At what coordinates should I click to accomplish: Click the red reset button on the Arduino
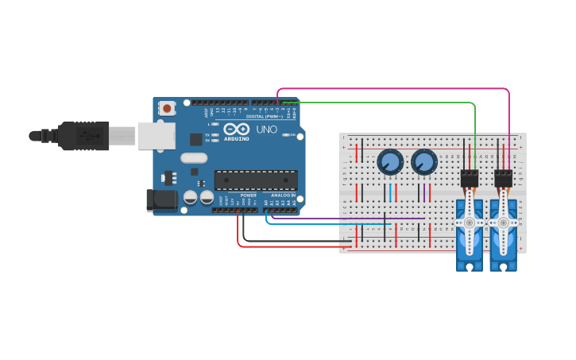[167, 108]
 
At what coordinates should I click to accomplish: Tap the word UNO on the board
[266, 129]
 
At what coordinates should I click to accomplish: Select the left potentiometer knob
[389, 163]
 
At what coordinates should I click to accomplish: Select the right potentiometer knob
[424, 163]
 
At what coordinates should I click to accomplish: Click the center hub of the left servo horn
[469, 223]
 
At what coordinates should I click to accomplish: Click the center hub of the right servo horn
[503, 223]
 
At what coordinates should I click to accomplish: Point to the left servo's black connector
[470, 179]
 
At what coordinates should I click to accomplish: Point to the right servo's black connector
[504, 179]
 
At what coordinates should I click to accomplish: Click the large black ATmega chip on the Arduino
[256, 180]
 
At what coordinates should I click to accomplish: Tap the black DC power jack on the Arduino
[162, 200]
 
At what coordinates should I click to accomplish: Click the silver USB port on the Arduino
[156, 135]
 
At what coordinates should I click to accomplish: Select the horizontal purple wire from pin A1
[350, 218]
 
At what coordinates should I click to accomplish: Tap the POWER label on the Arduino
[249, 195]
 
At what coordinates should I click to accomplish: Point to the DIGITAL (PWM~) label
[264, 116]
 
